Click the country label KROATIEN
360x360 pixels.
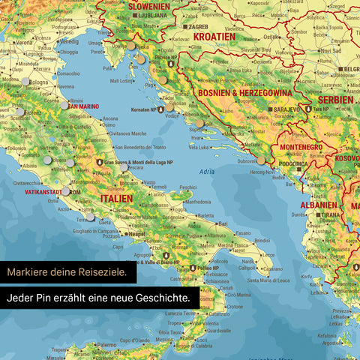pos(214,36)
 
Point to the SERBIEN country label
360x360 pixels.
pos(336,99)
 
